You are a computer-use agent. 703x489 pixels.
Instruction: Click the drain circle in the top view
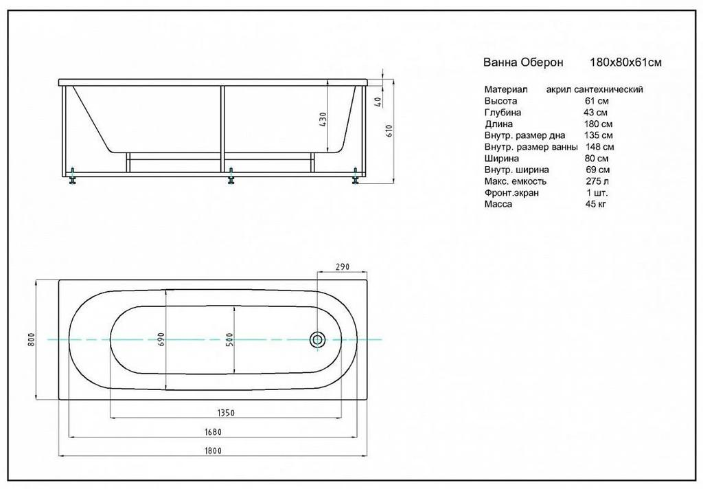(x=318, y=339)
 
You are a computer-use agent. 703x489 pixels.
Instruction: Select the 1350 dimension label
(x=227, y=412)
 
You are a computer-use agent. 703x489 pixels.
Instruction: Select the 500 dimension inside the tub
(x=231, y=339)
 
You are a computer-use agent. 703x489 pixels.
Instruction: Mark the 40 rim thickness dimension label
(x=377, y=102)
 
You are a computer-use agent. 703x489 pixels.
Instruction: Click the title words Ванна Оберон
(x=523, y=62)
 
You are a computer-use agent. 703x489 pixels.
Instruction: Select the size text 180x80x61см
(x=625, y=62)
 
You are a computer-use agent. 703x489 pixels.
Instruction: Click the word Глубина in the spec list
(x=503, y=113)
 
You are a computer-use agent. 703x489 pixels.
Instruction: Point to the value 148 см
(x=599, y=147)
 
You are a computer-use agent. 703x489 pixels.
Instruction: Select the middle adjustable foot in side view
(x=231, y=177)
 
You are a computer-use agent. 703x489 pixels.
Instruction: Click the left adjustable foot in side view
(x=72, y=177)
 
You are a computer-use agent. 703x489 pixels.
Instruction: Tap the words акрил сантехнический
(x=595, y=89)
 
